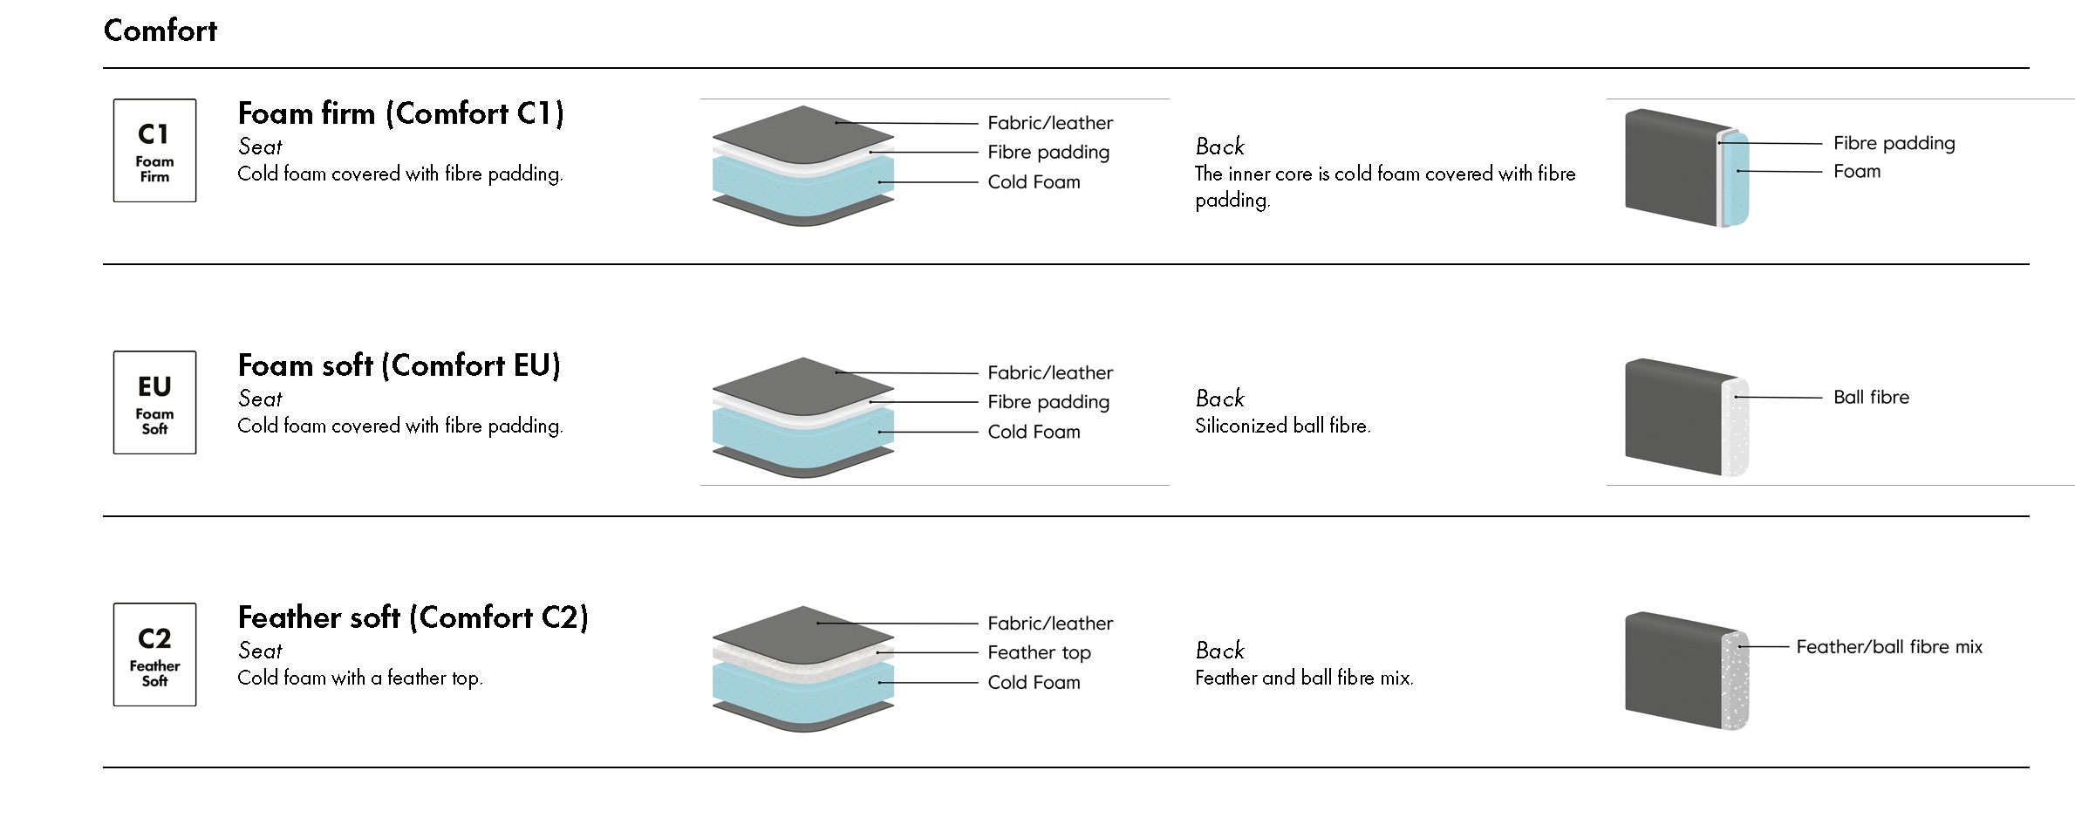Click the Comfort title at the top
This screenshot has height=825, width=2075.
point(160,31)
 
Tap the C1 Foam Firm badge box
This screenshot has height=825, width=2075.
point(154,151)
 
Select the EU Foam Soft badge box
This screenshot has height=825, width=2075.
point(154,403)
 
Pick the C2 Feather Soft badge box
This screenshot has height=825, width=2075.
point(154,655)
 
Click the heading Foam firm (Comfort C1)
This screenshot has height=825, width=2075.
point(401,113)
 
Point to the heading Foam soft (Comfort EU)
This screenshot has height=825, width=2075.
point(399,365)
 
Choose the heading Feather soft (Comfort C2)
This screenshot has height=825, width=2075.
point(413,617)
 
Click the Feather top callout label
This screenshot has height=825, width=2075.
point(1039,652)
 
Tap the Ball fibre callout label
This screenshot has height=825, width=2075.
point(1871,398)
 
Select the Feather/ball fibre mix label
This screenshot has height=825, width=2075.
point(1889,647)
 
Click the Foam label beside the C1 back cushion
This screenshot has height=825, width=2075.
point(1857,172)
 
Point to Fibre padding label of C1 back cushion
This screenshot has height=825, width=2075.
point(1894,143)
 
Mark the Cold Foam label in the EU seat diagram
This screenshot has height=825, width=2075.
point(1034,432)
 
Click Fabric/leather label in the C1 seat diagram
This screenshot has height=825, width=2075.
point(1050,123)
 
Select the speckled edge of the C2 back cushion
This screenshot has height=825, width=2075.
point(1736,680)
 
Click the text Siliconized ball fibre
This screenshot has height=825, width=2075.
point(1282,426)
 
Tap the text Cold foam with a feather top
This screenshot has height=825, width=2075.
point(359,678)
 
